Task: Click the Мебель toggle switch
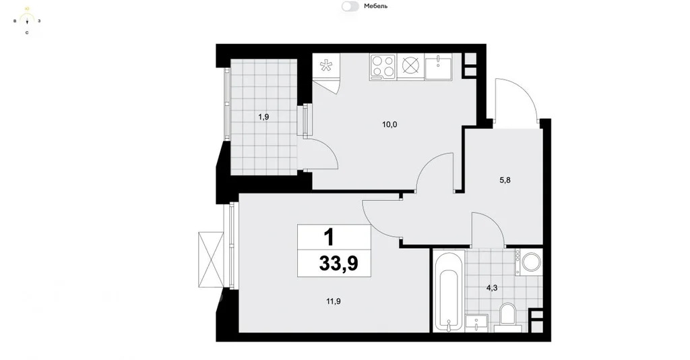point(350,6)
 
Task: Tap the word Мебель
point(376,6)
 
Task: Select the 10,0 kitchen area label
point(389,125)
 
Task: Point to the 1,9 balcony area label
point(263,117)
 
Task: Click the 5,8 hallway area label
point(505,180)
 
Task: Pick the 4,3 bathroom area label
point(491,289)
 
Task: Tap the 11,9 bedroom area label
point(334,301)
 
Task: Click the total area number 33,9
point(338,264)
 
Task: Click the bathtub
point(449,291)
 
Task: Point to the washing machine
point(529,262)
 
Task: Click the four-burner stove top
point(383,67)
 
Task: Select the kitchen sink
point(438,67)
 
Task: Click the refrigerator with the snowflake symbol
point(326,66)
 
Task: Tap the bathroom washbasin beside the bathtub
point(476,322)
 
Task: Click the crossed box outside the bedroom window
point(211,260)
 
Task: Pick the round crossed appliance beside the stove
point(410,65)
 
